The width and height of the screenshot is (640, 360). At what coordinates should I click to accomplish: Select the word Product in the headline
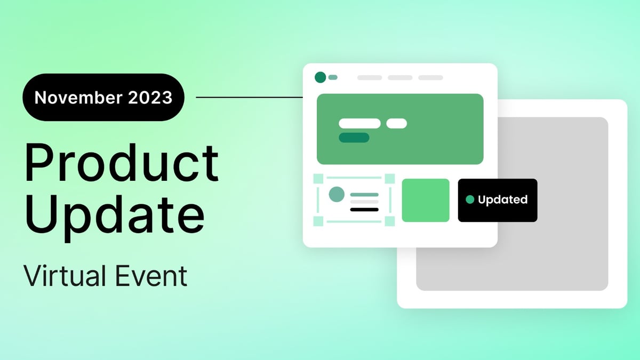click(x=122, y=164)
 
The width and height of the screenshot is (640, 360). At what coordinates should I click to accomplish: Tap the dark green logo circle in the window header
click(x=320, y=77)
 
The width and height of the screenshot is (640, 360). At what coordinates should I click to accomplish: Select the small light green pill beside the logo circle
click(x=333, y=77)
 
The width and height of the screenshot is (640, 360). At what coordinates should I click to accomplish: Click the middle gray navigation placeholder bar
click(x=400, y=78)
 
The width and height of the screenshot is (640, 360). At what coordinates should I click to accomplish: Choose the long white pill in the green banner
click(x=359, y=123)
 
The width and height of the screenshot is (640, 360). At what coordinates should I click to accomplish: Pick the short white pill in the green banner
click(x=396, y=123)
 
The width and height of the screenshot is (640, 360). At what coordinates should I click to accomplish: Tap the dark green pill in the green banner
click(x=354, y=138)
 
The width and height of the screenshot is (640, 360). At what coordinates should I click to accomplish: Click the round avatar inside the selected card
click(x=336, y=194)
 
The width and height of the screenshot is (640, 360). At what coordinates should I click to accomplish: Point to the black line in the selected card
click(x=364, y=210)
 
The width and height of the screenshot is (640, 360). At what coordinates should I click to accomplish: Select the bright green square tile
click(x=426, y=200)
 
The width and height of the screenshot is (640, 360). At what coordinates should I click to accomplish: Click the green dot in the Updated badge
click(x=470, y=199)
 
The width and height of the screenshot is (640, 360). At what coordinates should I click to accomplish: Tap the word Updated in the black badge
click(x=502, y=199)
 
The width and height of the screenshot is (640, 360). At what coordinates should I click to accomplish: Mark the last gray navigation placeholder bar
click(x=430, y=78)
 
